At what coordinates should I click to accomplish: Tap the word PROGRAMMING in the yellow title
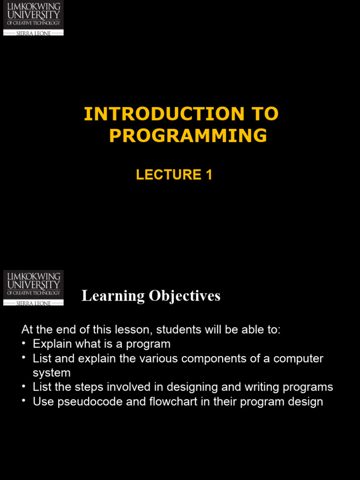pyautogui.click(x=188, y=135)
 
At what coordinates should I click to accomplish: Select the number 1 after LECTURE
pyautogui.click(x=209, y=175)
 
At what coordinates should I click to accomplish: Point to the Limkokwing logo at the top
pyautogui.click(x=33, y=18)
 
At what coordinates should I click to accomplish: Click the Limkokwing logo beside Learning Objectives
pyautogui.click(x=33, y=288)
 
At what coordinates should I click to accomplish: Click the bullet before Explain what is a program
pyautogui.click(x=24, y=344)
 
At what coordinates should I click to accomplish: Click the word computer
pyautogui.click(x=299, y=359)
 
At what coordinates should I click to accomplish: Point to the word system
pyautogui.click(x=52, y=373)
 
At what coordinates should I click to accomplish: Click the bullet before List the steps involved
pyautogui.click(x=24, y=387)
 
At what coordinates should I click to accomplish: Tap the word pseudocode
pyautogui.click(x=83, y=402)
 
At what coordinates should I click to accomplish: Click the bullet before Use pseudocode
pyautogui.click(x=24, y=401)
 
